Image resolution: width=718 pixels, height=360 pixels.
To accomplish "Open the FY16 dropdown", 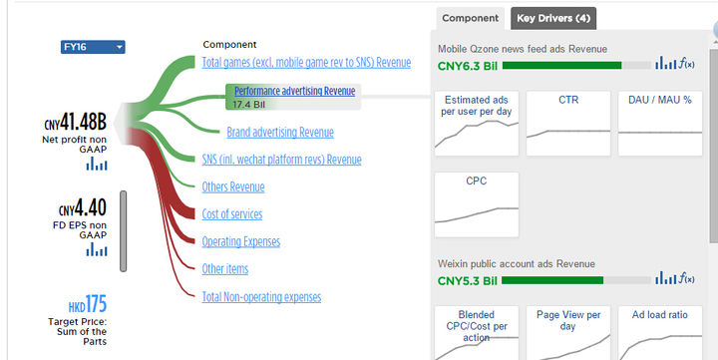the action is coord(93,47).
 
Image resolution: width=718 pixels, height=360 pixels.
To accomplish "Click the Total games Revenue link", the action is coord(306,62).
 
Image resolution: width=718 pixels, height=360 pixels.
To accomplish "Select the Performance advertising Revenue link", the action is coord(295,91).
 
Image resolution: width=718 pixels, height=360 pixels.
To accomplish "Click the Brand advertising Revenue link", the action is coord(280,132).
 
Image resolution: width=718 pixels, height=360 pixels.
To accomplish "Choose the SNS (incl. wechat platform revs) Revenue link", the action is coord(281,160).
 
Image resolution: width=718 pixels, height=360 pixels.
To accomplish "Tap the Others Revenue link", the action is coord(233,186).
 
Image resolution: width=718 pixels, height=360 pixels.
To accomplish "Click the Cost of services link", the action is coord(232,213).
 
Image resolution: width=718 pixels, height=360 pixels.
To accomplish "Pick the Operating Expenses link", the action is coord(241,241).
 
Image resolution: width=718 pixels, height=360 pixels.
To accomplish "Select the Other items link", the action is coord(224,269).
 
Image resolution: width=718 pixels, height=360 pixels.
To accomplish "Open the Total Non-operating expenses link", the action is coord(261,297).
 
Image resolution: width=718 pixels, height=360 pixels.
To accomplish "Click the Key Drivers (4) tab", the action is coord(553,18).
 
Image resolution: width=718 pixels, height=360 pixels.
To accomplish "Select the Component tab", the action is coord(471,18).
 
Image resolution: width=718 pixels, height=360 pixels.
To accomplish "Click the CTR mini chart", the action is coord(568,124).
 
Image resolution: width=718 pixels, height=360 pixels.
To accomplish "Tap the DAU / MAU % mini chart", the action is coord(660,124).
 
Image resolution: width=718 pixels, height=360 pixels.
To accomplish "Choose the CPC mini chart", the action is coord(477,204).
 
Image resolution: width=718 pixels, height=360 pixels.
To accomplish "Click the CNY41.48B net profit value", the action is coord(76,123).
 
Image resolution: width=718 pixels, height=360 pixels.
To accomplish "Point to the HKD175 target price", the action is coord(88,304).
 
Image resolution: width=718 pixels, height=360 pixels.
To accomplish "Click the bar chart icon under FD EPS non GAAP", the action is coord(97,249).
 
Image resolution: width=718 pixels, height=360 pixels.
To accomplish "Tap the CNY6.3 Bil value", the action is coord(468,66).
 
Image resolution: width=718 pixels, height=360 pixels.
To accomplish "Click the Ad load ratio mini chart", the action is coord(660,333).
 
